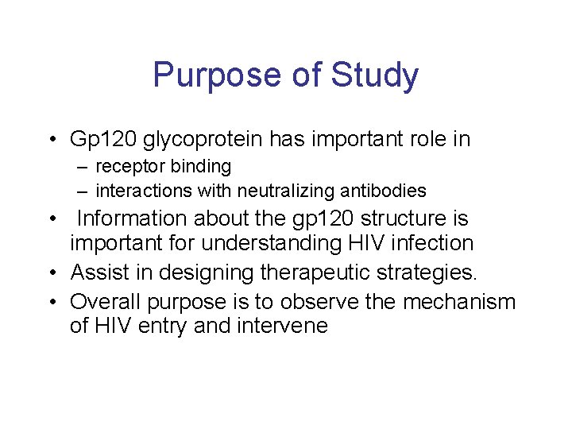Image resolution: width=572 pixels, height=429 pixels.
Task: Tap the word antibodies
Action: (386, 191)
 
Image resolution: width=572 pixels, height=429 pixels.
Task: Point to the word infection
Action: (435, 243)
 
